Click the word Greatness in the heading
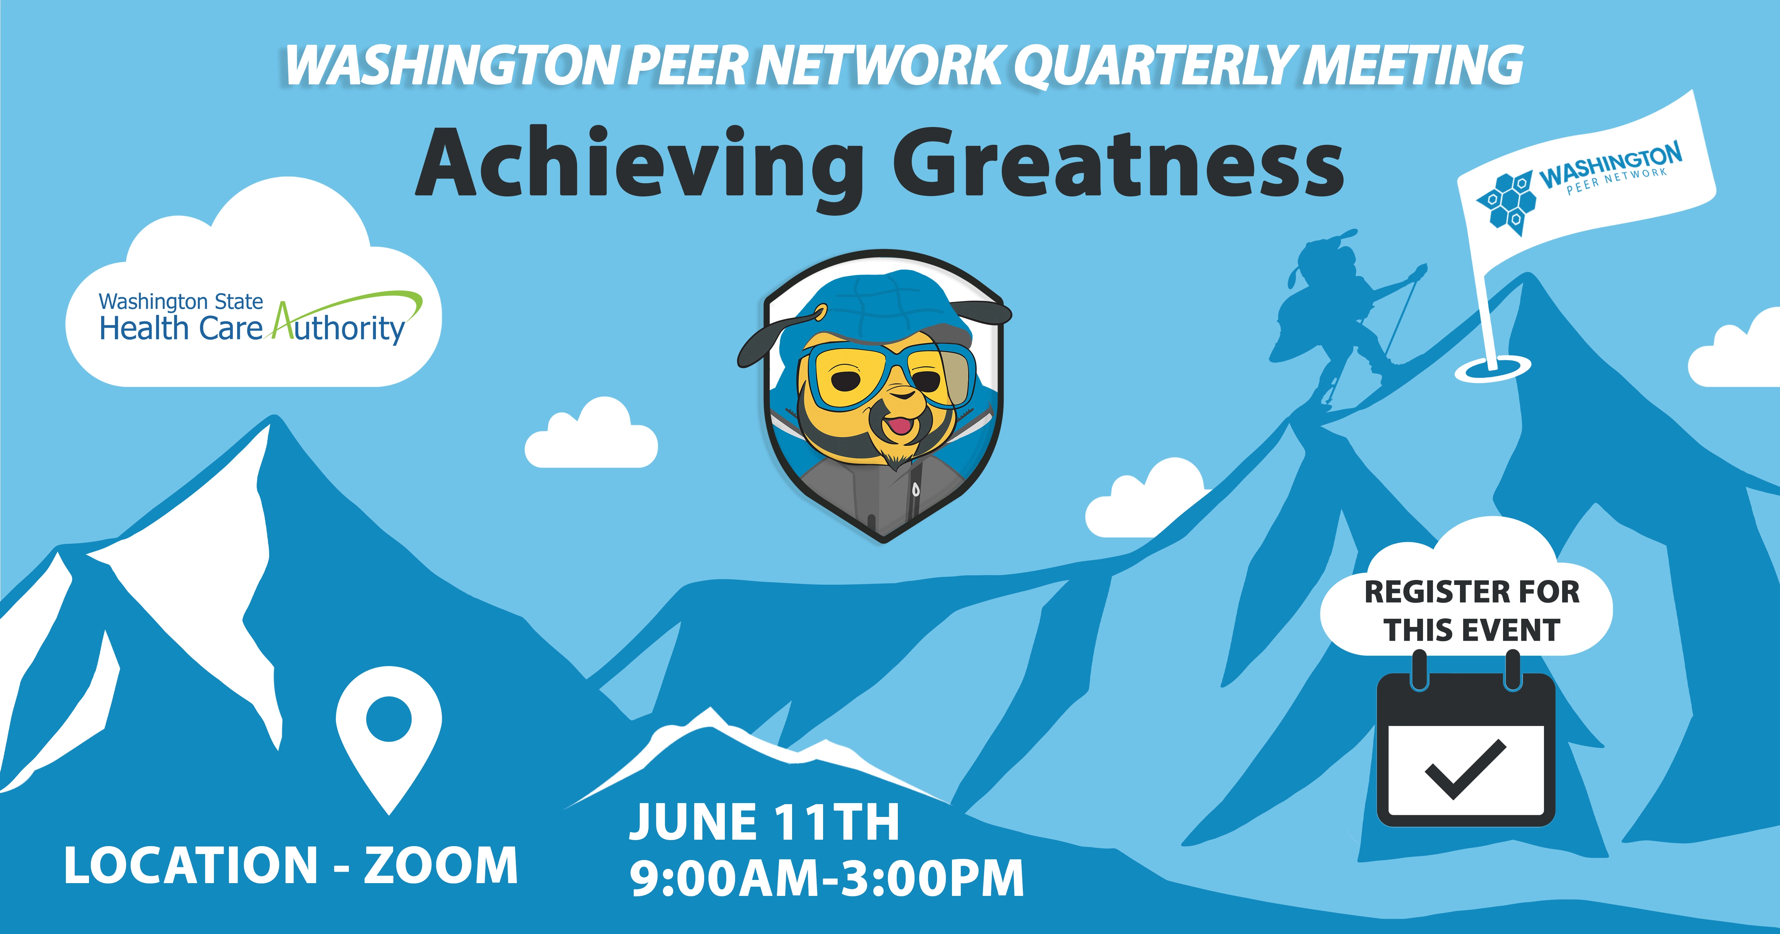click(x=1119, y=163)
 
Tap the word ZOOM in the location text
click(x=441, y=865)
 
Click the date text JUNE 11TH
click(x=764, y=822)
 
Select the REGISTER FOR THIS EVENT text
click(x=1472, y=611)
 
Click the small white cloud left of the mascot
click(x=591, y=435)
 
